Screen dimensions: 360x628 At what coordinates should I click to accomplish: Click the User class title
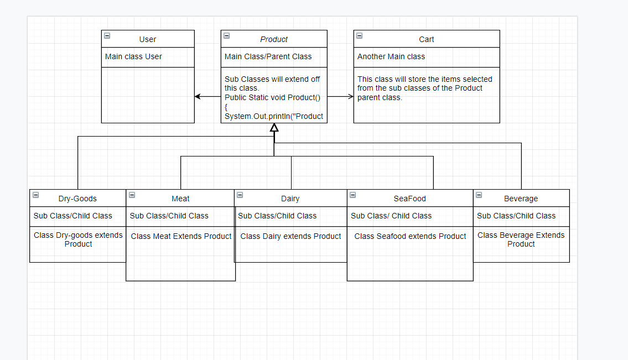[x=147, y=39]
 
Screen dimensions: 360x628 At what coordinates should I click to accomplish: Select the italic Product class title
[x=274, y=39]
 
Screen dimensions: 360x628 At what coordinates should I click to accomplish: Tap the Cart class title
[x=426, y=39]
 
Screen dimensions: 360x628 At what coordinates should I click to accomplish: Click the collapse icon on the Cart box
[x=359, y=35]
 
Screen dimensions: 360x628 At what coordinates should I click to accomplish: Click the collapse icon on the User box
[x=107, y=35]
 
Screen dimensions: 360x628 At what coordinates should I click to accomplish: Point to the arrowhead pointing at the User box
[x=198, y=97]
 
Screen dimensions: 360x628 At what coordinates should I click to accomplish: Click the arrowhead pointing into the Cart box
[x=350, y=97]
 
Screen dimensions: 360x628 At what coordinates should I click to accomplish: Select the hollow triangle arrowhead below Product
[x=274, y=128]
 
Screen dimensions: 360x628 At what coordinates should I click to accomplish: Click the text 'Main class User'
[x=133, y=56]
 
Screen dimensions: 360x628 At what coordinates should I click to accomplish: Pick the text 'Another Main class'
[x=391, y=56]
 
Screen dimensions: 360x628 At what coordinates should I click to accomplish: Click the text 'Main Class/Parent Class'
[x=268, y=56]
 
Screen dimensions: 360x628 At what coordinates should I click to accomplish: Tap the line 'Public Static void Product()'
[x=272, y=97]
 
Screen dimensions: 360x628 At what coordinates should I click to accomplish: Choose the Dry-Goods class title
[x=77, y=199]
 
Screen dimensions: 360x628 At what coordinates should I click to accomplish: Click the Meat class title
[x=180, y=199]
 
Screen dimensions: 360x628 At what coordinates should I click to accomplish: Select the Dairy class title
[x=290, y=199]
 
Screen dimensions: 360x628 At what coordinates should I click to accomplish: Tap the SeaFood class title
[x=409, y=199]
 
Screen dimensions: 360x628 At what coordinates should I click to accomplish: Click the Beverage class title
[x=521, y=199]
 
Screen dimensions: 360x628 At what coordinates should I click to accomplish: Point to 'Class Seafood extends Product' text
[x=410, y=236]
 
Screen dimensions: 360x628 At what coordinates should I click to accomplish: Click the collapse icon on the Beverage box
[x=479, y=195]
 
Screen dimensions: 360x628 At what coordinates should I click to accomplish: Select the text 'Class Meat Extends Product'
[x=181, y=236]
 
